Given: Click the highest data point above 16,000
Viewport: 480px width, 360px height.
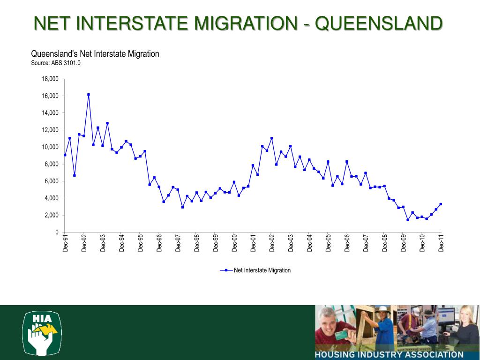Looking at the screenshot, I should coord(89,95).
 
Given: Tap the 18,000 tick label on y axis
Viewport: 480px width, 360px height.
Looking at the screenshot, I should coord(50,79).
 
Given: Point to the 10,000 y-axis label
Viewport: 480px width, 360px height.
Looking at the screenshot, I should coord(50,147).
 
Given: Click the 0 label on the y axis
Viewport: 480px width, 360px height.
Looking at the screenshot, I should coord(56,232).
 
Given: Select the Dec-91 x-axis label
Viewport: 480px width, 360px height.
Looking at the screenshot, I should coord(66,244).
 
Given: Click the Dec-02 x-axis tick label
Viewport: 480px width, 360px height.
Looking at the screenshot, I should coord(272,244).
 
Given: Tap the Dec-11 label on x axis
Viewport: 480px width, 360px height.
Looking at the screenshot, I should coord(441,244).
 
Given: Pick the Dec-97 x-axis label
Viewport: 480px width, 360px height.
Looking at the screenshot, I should coord(178,244).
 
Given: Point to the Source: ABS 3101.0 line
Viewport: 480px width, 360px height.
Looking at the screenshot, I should coord(56,63).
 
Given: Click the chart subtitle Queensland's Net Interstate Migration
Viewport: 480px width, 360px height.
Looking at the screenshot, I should coord(95,54).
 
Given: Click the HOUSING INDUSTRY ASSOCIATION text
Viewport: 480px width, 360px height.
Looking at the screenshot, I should coord(389,355).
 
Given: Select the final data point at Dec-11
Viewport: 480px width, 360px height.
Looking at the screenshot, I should coord(441,204).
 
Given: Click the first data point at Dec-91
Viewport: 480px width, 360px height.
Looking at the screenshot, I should coord(65,155).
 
